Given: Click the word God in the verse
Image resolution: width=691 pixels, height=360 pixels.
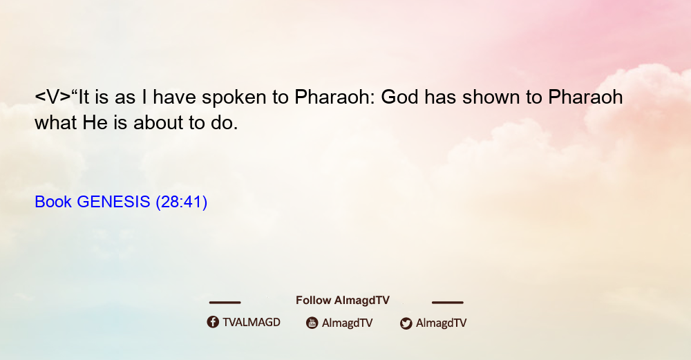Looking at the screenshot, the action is click(x=399, y=97).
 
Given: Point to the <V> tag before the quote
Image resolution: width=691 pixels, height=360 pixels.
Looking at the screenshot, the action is click(x=53, y=97).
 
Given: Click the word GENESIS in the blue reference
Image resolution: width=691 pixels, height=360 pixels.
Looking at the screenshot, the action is click(x=113, y=202).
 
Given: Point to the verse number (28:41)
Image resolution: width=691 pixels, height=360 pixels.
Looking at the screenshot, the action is click(x=182, y=202).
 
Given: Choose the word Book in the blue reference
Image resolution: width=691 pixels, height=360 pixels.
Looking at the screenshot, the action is click(x=53, y=202).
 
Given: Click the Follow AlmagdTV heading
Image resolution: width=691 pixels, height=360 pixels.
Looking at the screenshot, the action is click(x=343, y=300).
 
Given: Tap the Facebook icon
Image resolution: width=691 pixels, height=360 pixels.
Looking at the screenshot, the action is click(x=213, y=322).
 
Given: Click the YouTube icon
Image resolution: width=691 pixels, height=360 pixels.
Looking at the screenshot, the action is click(x=312, y=323).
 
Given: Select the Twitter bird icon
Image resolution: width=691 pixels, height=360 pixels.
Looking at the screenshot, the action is click(x=406, y=323).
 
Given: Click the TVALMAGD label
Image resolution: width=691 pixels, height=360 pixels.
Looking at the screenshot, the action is click(x=252, y=322).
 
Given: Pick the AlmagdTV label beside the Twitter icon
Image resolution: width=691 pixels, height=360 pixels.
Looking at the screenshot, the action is click(x=441, y=323).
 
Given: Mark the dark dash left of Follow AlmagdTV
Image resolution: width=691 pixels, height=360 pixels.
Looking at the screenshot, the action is click(x=225, y=303).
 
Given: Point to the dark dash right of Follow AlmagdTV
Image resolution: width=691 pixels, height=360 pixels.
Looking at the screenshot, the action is click(x=448, y=303).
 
